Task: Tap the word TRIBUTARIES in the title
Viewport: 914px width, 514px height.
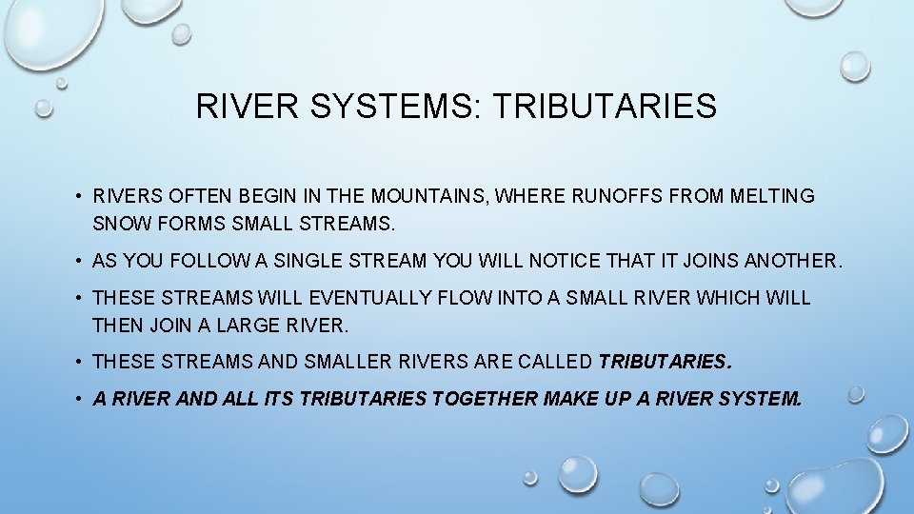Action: (x=606, y=106)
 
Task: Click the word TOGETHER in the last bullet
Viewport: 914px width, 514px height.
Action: (x=485, y=399)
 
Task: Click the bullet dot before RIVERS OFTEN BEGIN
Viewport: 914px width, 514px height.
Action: (x=77, y=197)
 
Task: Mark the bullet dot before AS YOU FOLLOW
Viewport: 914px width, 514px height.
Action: (x=77, y=261)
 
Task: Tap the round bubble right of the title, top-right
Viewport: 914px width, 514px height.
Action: (x=854, y=67)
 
